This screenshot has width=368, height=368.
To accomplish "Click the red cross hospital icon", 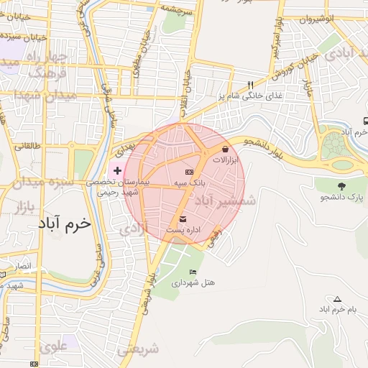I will pyautogui.click(x=118, y=170).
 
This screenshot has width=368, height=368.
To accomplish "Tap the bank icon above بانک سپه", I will pyautogui.click(x=189, y=172).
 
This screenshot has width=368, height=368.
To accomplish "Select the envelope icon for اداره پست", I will pyautogui.click(x=182, y=218).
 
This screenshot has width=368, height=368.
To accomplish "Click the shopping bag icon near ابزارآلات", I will pyautogui.click(x=226, y=149).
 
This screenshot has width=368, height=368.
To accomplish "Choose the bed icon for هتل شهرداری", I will pyautogui.click(x=192, y=272).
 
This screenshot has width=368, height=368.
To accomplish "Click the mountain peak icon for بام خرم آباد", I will pyautogui.click(x=337, y=298).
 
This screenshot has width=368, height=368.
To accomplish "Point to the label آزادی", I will pyautogui.click(x=132, y=229).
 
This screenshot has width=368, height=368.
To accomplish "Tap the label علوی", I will pyautogui.click(x=55, y=347).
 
